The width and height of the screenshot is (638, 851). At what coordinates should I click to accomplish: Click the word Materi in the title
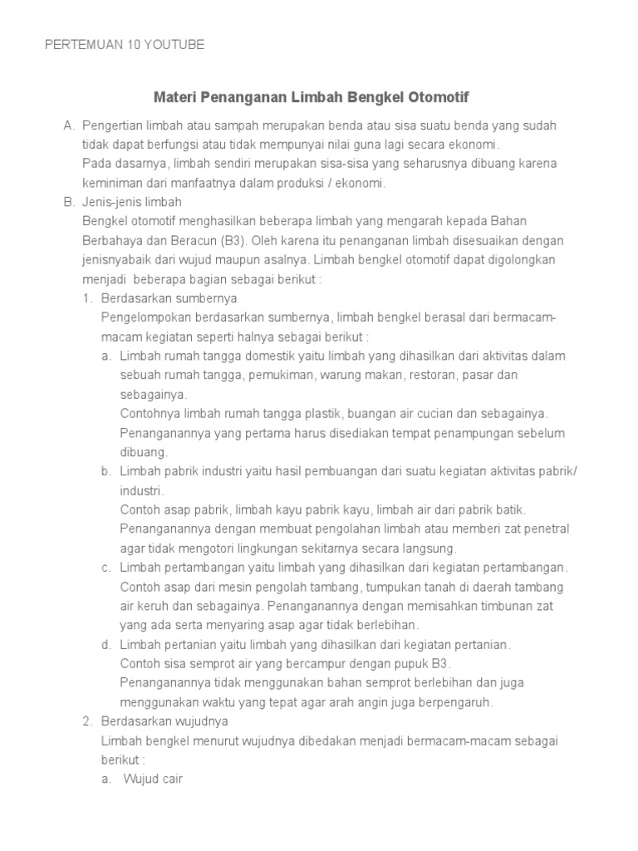tap(174, 97)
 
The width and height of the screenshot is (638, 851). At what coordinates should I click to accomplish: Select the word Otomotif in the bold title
tap(439, 97)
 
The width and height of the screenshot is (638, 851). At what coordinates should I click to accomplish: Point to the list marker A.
tap(69, 125)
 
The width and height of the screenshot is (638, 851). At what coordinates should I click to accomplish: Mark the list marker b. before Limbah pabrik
tap(106, 471)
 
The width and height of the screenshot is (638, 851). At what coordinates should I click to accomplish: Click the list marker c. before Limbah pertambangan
tap(106, 568)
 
